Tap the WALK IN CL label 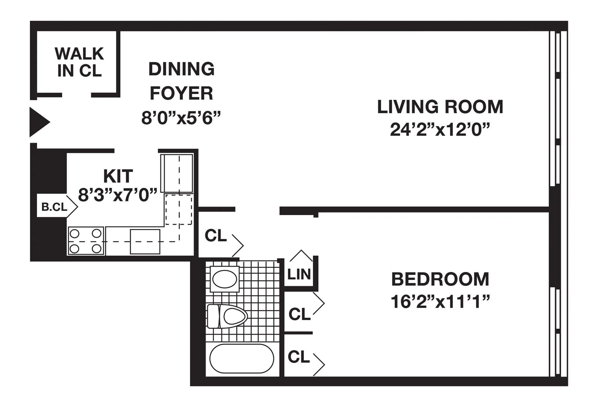coord(79,62)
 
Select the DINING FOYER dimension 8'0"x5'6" coord(181,118)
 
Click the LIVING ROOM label coord(440,107)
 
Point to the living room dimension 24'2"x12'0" coord(440,130)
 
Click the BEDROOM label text coord(440,279)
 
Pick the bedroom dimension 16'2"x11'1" coord(440,302)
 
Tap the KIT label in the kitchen coord(118,176)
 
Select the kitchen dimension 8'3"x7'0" coord(118,195)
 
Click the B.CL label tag coord(55,207)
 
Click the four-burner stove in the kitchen coord(86,241)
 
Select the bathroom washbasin coord(224,279)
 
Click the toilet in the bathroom coord(227,317)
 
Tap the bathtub coord(242,358)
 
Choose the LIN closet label coord(299,274)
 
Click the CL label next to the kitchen coord(215,236)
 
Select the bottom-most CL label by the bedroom coord(299,357)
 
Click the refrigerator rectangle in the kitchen coord(177,174)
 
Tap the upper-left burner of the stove coord(74,233)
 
